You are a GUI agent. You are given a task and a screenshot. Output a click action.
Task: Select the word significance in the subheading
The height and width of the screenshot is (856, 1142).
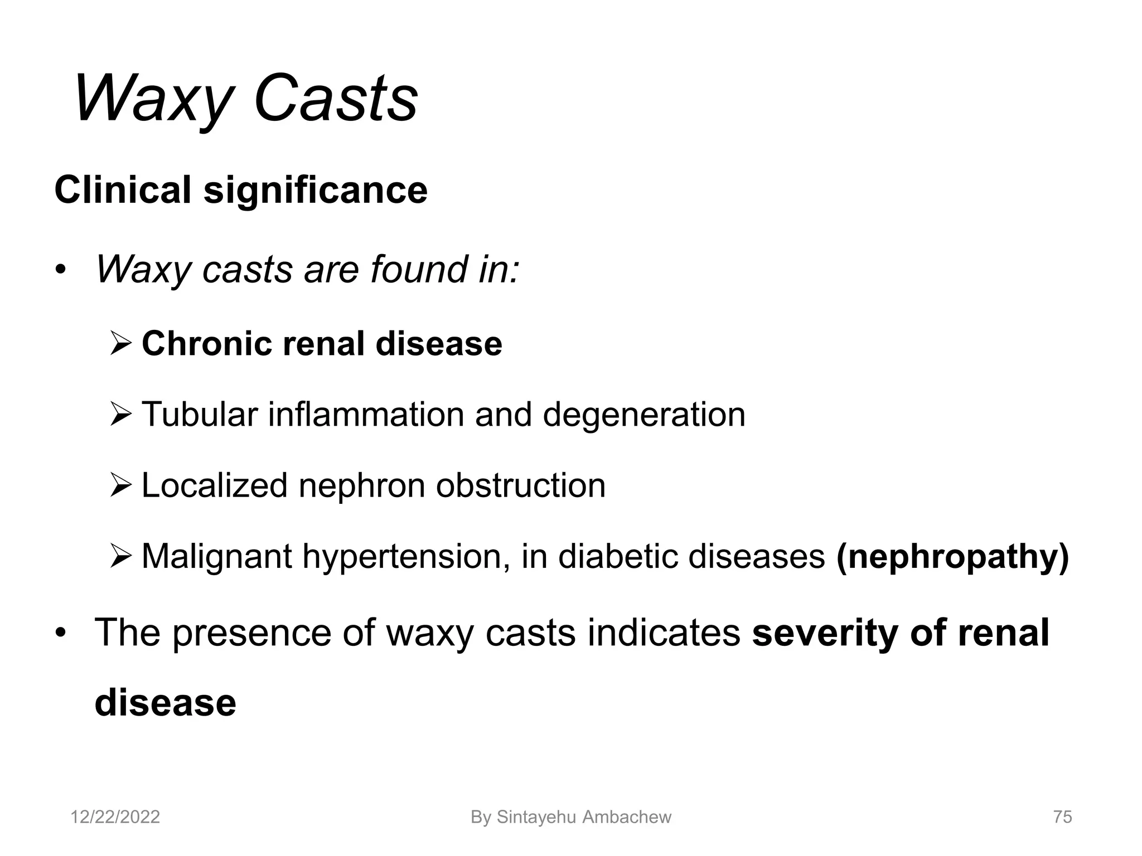(315, 190)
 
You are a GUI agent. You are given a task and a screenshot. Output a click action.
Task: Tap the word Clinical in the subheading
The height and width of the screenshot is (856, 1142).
(123, 190)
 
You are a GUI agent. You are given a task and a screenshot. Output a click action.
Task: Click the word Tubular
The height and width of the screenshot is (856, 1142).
(200, 415)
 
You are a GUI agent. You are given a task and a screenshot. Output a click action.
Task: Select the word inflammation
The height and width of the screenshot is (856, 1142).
(366, 415)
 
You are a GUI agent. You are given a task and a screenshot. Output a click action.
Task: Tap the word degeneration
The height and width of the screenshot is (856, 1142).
(643, 415)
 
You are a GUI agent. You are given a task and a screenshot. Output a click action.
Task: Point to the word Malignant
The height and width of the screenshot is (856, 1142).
(216, 557)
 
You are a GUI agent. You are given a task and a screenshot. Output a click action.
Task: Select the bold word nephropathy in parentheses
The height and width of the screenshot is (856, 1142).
(952, 557)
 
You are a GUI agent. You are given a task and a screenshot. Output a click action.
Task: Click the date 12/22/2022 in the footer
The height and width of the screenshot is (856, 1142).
(115, 817)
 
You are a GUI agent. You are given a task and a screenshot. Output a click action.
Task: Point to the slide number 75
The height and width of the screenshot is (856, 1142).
(1062, 817)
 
